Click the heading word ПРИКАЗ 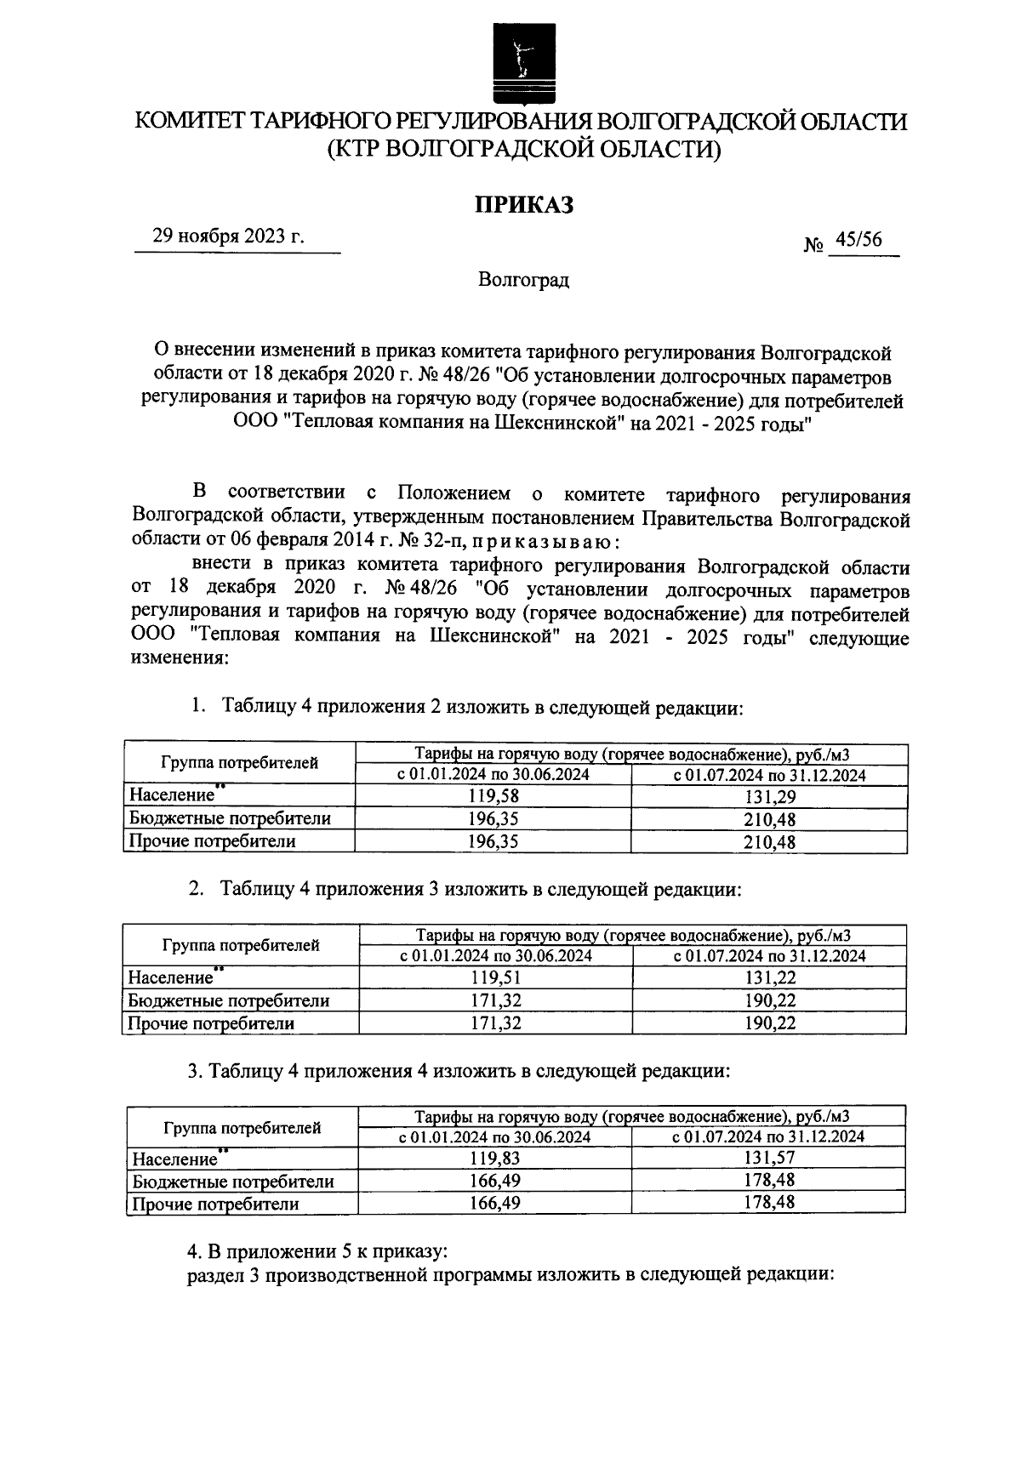click(x=523, y=204)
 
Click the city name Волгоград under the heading click(x=523, y=280)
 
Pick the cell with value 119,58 click(x=493, y=796)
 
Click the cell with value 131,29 click(x=769, y=796)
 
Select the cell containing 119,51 click(x=495, y=978)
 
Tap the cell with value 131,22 click(x=769, y=978)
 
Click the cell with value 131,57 click(x=768, y=1158)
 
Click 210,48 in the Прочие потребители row click(x=769, y=842)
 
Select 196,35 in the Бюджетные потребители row click(x=493, y=819)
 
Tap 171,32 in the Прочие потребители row click(x=495, y=1023)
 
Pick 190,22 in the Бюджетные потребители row click(x=769, y=1001)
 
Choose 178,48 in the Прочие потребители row click(x=768, y=1203)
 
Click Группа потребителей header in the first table click(x=239, y=763)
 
